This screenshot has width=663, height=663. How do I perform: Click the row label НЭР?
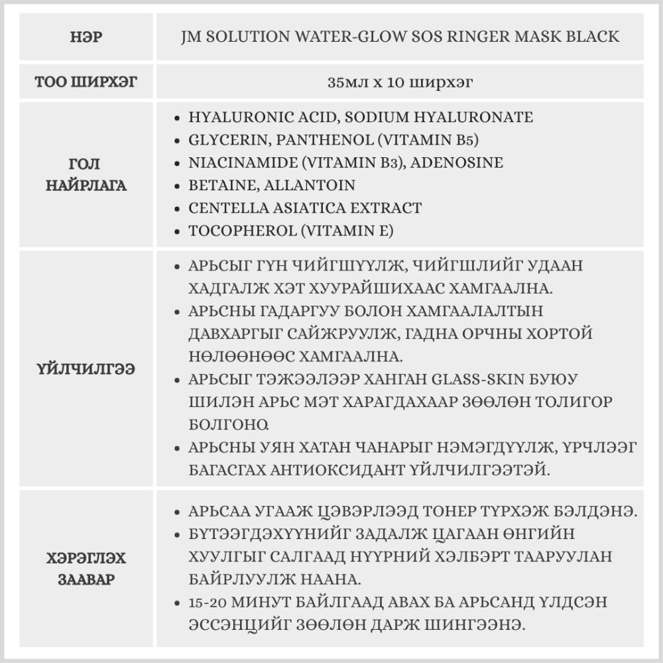tap(86, 36)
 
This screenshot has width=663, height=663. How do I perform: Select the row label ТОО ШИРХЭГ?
tap(86, 83)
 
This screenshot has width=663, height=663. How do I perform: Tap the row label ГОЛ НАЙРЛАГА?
tap(86, 174)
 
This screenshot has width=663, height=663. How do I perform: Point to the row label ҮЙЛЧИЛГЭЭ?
tap(86, 369)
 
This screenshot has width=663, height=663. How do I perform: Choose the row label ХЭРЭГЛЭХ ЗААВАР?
tap(86, 569)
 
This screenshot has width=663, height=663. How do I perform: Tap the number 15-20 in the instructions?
tap(205, 603)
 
